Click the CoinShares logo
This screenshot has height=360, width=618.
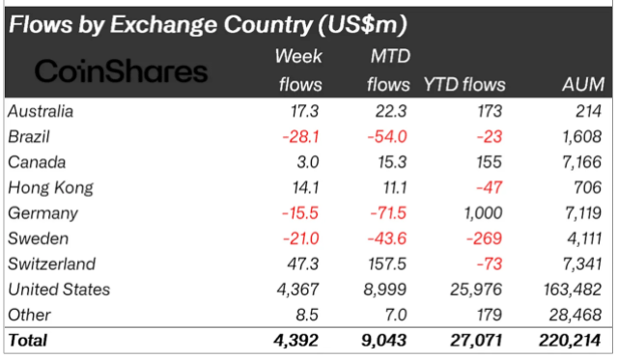[121, 71]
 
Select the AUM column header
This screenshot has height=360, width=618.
[584, 85]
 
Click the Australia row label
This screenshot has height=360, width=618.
[41, 112]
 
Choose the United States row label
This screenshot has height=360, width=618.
[58, 290]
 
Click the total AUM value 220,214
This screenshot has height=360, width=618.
[571, 340]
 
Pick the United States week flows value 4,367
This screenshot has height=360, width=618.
[297, 290]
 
